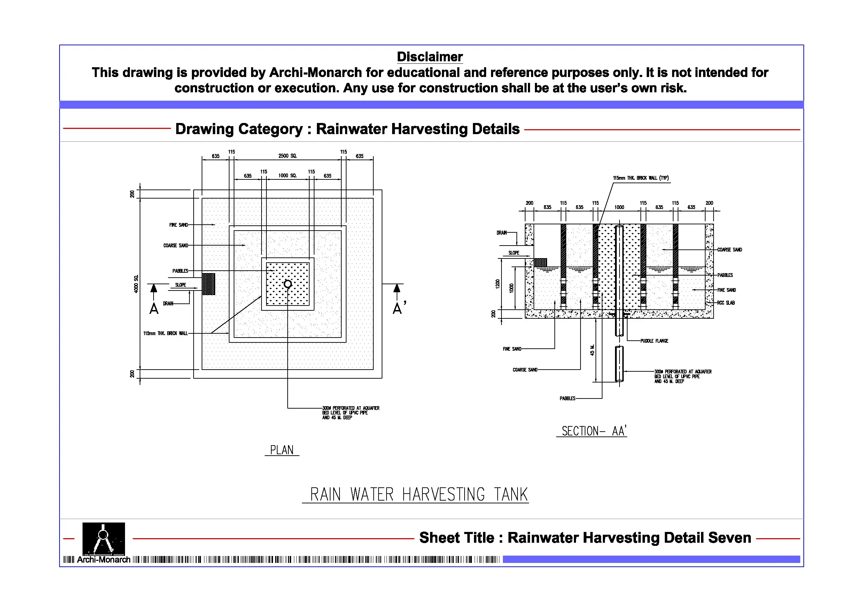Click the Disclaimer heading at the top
tap(429, 57)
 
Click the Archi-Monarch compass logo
tap(103, 539)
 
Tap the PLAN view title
tap(281, 450)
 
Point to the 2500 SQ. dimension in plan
tap(288, 156)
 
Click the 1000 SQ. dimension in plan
tap(288, 176)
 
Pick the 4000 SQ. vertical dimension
tap(136, 284)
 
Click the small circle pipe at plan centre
tap(288, 284)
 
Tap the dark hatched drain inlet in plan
tap(209, 284)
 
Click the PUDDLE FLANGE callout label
tap(654, 341)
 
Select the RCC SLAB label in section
tap(725, 303)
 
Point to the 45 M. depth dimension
tap(592, 350)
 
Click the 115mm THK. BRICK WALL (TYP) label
tap(641, 178)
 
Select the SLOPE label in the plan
tap(181, 285)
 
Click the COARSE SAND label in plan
tap(176, 246)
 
